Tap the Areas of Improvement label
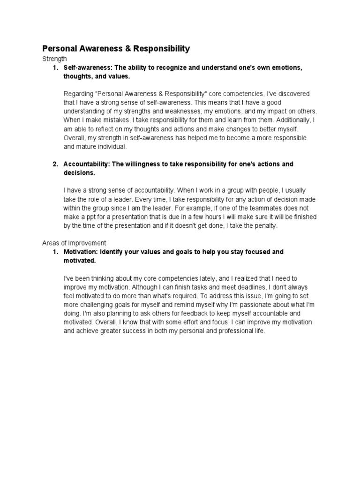(75, 243)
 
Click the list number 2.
(55, 164)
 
